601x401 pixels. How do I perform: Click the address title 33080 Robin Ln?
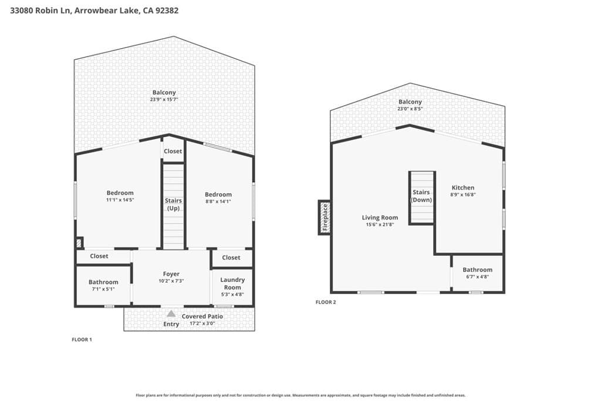click(94, 11)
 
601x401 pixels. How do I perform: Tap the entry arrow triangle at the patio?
click(171, 314)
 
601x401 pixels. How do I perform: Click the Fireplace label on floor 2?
click(324, 217)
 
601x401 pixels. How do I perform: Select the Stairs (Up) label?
click(173, 204)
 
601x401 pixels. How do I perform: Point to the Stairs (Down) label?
click(421, 196)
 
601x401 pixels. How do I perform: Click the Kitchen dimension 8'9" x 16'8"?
click(462, 194)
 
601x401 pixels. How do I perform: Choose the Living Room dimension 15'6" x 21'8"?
click(380, 224)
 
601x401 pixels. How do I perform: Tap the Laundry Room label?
click(232, 284)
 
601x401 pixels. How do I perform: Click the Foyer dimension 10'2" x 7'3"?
click(171, 281)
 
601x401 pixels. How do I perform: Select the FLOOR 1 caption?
click(82, 339)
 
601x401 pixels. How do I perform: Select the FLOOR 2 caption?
click(326, 302)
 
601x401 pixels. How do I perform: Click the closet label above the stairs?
click(173, 151)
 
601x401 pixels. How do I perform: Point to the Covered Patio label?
click(202, 316)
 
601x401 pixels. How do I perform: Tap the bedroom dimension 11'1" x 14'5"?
click(120, 200)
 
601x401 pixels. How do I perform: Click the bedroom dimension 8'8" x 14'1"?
click(218, 201)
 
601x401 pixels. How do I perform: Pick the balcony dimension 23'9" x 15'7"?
click(164, 99)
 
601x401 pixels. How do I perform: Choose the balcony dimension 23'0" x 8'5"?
click(410, 109)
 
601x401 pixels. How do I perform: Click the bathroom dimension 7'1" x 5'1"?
click(103, 289)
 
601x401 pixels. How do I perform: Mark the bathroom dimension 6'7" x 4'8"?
click(477, 277)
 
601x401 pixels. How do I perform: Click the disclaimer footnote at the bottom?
click(300, 395)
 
